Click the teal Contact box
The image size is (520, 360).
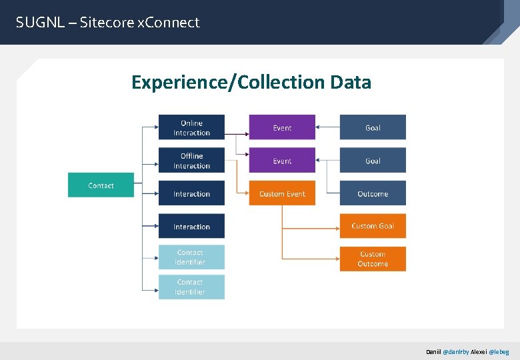101,185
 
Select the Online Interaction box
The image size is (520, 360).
191,127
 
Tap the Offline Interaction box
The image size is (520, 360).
191,161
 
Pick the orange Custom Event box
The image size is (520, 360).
282,193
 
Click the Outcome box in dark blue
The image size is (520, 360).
373,193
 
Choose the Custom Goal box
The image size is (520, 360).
373,226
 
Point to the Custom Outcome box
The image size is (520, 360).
373,259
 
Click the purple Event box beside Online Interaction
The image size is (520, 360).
282,127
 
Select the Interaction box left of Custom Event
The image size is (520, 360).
191,193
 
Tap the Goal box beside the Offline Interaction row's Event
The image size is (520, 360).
373,161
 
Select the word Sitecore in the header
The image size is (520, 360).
107,23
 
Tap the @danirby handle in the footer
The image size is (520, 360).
456,351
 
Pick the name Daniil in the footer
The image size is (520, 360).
434,351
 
